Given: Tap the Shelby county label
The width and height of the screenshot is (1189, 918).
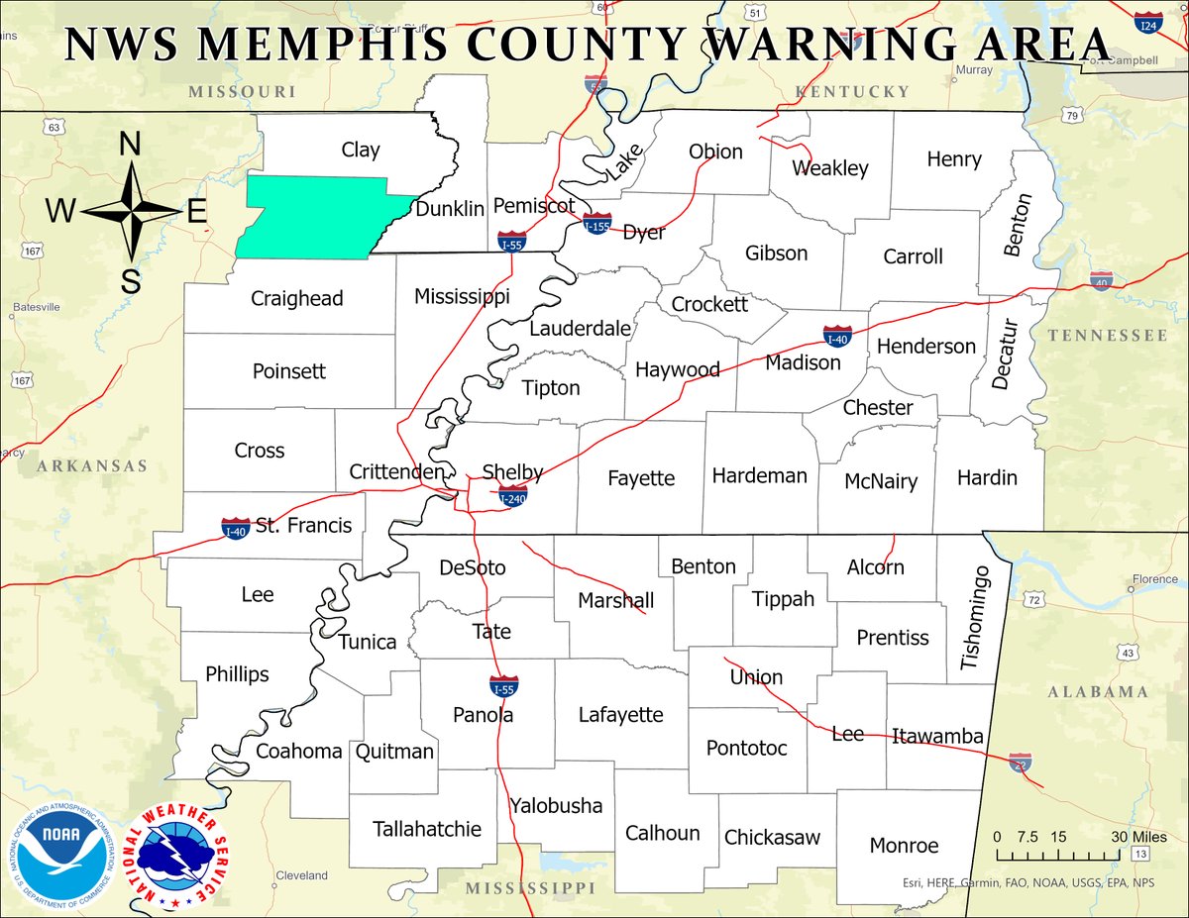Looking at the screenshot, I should point(512,471).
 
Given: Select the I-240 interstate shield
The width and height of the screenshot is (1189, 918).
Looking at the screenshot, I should point(513,496).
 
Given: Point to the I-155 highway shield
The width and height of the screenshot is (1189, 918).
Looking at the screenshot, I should point(596,223).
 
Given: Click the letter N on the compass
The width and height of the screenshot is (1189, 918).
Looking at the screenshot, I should point(130,145).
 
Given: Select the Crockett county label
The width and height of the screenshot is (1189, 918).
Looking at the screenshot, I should point(709,304).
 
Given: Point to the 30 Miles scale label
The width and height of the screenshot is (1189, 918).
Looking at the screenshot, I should point(1132,837).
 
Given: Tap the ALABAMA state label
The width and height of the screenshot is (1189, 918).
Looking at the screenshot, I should point(1098,692).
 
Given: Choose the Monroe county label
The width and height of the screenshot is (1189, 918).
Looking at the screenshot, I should point(904,846).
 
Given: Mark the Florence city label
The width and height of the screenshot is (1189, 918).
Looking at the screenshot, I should point(1155,579).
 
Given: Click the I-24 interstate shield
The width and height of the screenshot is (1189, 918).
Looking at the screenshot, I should point(1148,23).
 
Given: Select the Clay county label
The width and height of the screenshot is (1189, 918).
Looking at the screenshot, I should point(361,150).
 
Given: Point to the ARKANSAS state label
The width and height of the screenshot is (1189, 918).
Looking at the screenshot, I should point(92,465).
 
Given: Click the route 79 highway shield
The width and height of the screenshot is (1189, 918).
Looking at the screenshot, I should point(1070,117).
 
